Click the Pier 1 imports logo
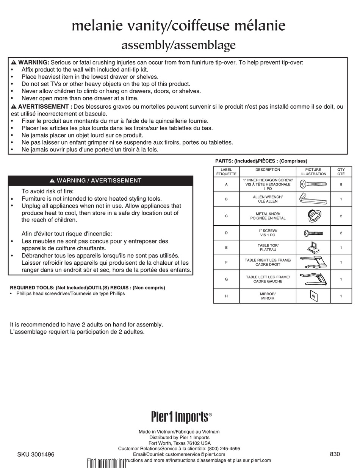coord(181,417)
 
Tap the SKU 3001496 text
coord(36,455)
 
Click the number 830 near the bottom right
coord(335,454)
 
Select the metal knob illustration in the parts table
coord(313,216)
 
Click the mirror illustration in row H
coord(313,296)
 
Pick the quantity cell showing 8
coord(341,184)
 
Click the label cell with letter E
coord(226,248)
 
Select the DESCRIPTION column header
coord(268,170)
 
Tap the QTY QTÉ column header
coord(341,172)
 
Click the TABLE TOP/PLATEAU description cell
coord(268,248)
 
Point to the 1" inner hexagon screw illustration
coord(313,184)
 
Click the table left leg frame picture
coord(313,279)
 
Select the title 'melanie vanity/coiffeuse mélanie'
coord(178,26)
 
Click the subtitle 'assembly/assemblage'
coord(178,45)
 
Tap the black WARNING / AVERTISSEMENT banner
coord(100,181)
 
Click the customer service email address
coord(195,454)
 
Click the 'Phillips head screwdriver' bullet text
coord(70,293)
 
